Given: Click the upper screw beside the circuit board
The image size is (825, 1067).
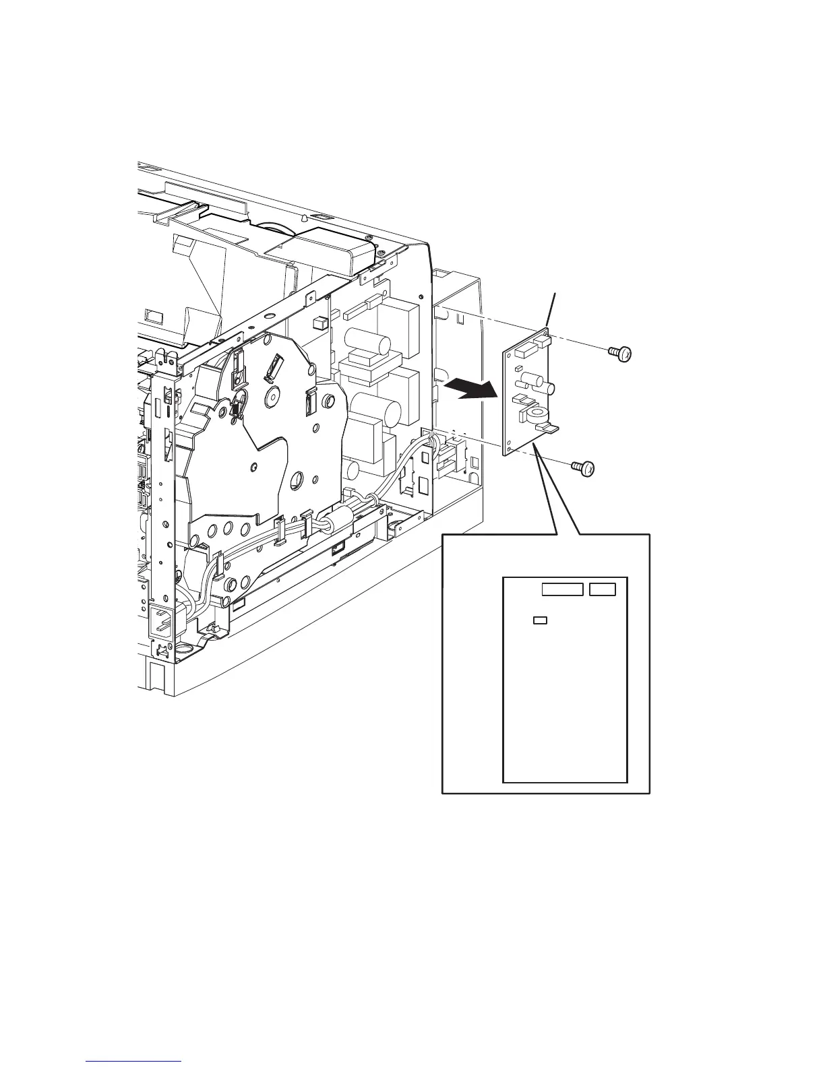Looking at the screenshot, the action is click(621, 353).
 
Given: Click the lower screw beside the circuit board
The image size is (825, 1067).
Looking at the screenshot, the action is click(584, 467).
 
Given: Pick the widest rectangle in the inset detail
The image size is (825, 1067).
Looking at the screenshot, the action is click(562, 590).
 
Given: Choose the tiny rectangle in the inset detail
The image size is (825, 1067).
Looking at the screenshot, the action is click(539, 620).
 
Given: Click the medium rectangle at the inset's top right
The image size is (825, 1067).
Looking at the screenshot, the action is click(603, 590).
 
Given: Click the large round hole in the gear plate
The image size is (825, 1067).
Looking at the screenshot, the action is click(296, 480).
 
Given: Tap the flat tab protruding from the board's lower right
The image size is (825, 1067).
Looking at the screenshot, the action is click(549, 428).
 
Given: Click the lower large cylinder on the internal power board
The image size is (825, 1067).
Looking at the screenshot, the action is click(368, 409).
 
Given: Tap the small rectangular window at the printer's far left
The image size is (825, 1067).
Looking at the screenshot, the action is click(153, 316).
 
